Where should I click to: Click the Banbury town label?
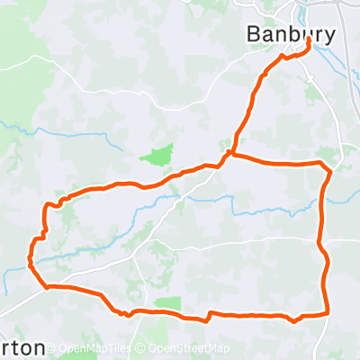click(292, 34)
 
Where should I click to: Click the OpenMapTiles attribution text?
click(94, 348)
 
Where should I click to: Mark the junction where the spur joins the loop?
click(231, 154)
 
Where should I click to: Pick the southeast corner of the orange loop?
click(326, 312)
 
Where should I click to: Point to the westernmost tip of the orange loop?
click(30, 265)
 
